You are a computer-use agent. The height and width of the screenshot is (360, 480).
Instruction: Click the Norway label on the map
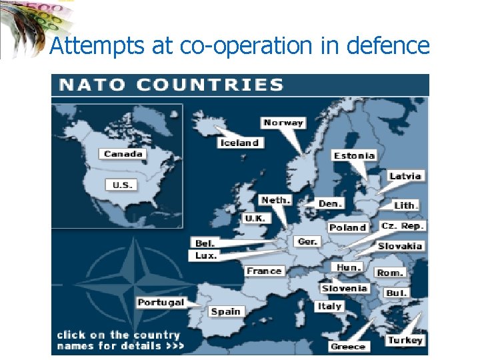pyautogui.click(x=283, y=123)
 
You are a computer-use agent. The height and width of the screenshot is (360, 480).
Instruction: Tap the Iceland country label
pyautogui.click(x=240, y=143)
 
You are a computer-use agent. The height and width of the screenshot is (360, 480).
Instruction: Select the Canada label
pyautogui.click(x=123, y=154)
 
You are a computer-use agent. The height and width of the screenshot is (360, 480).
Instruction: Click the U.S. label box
pyautogui.click(x=121, y=185)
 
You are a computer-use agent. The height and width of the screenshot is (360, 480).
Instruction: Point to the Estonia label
pyautogui.click(x=355, y=155)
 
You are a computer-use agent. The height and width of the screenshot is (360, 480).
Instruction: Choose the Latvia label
pyautogui.click(x=405, y=176)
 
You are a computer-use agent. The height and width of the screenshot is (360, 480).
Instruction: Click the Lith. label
pyautogui.click(x=405, y=205)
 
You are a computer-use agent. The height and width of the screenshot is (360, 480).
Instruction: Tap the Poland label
pyautogui.click(x=348, y=227)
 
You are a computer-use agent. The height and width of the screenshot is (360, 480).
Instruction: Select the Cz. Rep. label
pyautogui.click(x=403, y=226)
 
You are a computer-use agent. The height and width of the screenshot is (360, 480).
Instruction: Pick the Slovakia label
pyautogui.click(x=401, y=246)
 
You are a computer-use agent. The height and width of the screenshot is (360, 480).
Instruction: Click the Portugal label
pyautogui.click(x=161, y=303)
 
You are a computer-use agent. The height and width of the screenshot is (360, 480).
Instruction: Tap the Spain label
pyautogui.click(x=226, y=311)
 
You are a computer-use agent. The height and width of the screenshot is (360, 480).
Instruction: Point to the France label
pyautogui.click(x=265, y=271)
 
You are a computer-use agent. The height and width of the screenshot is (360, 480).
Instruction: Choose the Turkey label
pyautogui.click(x=405, y=340)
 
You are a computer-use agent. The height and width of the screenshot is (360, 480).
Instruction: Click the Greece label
pyautogui.click(x=348, y=346)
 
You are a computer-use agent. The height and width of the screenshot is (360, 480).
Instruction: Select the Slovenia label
pyautogui.click(x=345, y=288)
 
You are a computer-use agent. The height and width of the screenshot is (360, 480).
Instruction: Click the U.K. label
pyautogui.click(x=255, y=218)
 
